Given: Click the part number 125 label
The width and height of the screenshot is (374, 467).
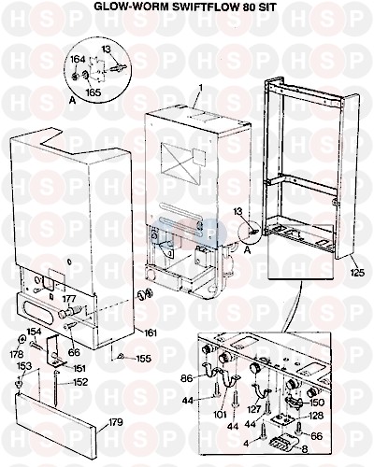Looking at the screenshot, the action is pos(357,273).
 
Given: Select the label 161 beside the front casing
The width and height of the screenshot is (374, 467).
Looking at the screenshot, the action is pos(150,333).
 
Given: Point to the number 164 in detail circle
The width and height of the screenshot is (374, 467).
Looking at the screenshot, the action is pos(78,59).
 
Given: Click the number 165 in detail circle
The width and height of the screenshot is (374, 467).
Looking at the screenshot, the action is pos(93,92).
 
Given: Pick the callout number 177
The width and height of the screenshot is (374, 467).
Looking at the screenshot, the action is pos(69,299).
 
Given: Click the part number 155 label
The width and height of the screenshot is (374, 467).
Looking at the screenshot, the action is pos(143,359).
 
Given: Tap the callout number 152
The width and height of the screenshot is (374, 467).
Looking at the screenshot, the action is pos(79,382).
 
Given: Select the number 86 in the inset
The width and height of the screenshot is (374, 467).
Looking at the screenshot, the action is pos(188,378).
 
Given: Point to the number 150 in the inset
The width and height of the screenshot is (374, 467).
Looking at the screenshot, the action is pos(317,403).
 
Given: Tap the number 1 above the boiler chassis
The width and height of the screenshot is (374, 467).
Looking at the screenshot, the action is pos(201,88).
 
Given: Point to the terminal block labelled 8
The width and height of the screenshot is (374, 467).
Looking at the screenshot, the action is pos(281,443).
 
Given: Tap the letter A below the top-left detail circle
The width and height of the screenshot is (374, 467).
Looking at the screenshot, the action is pos(73,101).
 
